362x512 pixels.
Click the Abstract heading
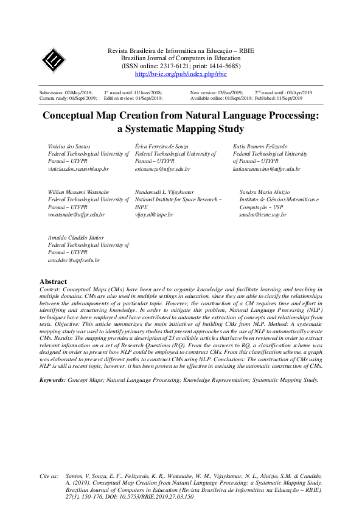[53, 282]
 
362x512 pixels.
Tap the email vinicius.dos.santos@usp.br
[78, 169]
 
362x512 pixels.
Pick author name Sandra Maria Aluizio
[265, 192]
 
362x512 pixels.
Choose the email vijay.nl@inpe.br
[155, 215]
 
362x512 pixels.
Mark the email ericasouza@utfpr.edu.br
[162, 169]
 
